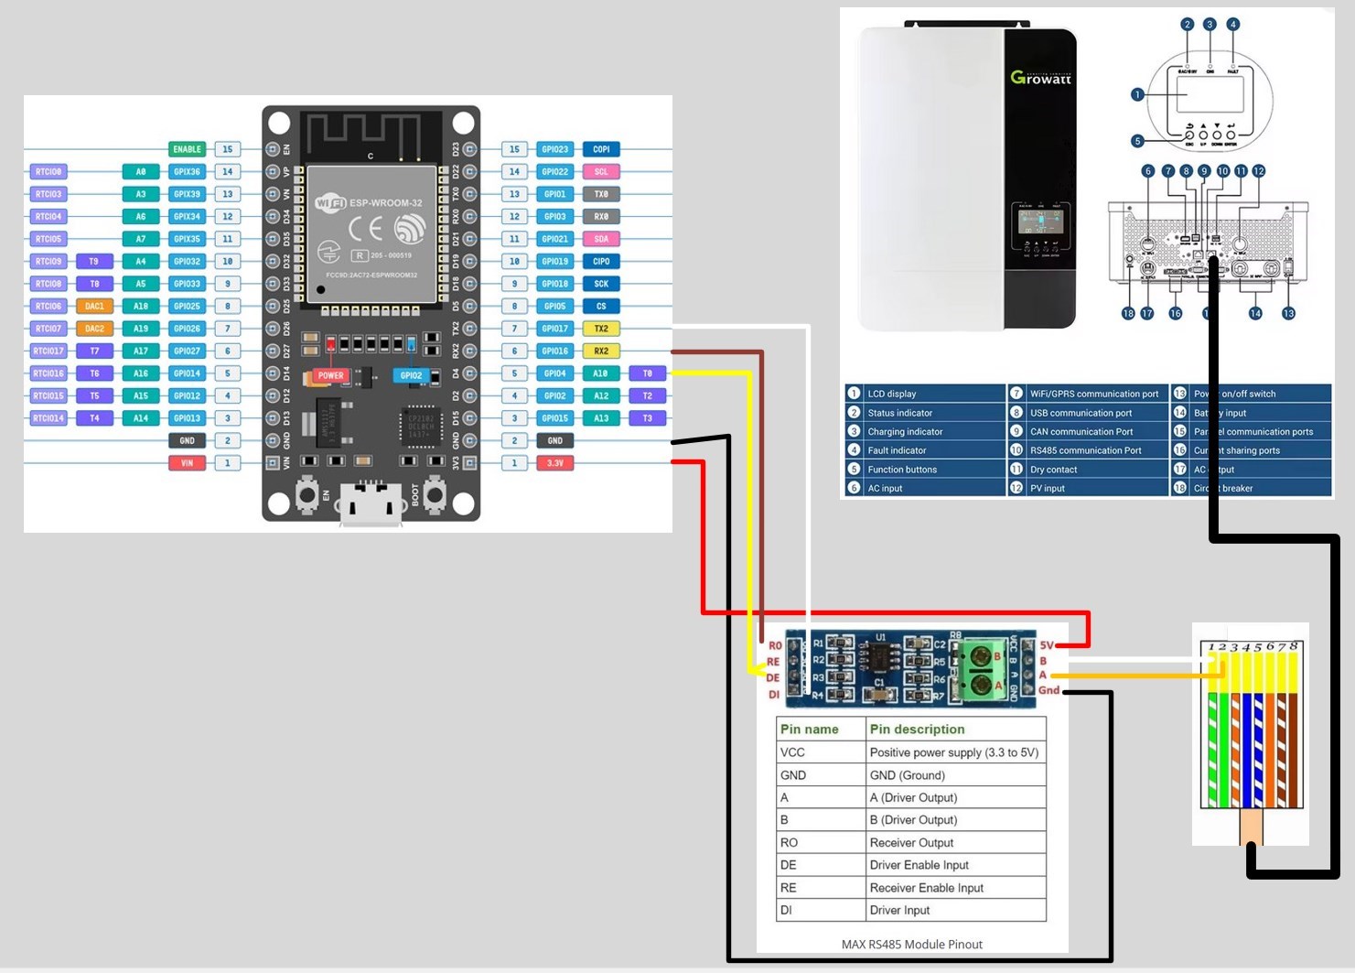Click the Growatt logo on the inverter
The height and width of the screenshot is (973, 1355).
[1040, 78]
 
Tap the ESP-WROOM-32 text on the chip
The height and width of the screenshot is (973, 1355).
[385, 202]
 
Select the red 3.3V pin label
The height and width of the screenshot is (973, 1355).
[554, 463]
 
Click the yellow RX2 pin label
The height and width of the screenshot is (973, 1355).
[601, 351]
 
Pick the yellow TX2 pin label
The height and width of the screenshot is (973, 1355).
[601, 329]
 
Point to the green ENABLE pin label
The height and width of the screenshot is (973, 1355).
[187, 149]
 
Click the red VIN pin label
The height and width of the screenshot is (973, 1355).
[187, 463]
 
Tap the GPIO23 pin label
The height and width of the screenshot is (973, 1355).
[554, 149]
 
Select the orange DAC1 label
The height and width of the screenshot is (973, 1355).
[94, 307]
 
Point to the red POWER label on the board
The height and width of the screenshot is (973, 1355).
[330, 375]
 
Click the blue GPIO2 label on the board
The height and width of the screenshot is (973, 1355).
[411, 375]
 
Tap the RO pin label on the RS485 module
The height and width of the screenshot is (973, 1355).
[775, 645]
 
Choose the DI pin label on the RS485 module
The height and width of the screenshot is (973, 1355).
[774, 695]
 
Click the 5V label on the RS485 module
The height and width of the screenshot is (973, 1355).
[1047, 644]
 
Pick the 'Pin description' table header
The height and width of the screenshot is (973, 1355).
[917, 730]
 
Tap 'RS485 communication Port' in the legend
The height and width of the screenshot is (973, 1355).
[1085, 450]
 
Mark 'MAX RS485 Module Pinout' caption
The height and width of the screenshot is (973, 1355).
[911, 945]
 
